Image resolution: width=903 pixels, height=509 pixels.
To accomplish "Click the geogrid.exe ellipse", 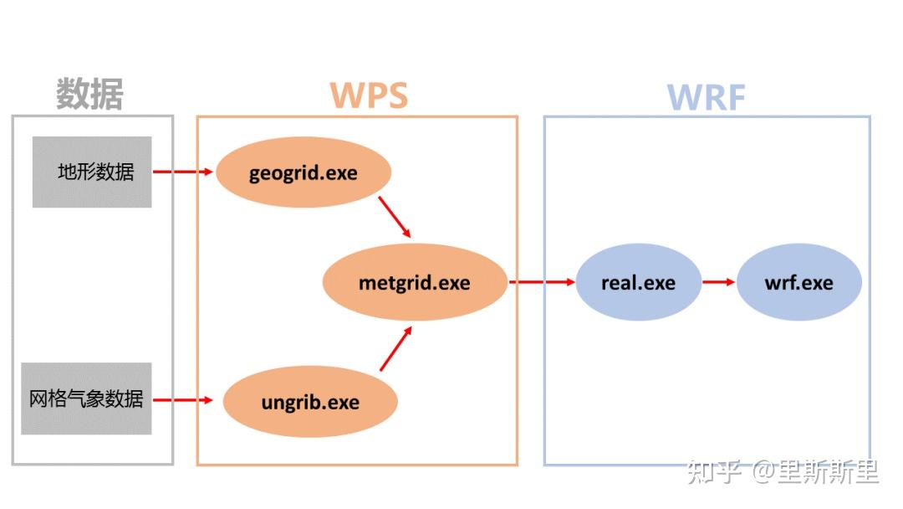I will point(304,173).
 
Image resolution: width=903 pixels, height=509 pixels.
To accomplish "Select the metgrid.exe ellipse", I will point(415,282).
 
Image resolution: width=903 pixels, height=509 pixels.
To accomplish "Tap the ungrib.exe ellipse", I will point(309,402).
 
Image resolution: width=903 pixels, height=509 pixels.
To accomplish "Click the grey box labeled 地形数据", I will point(92,172).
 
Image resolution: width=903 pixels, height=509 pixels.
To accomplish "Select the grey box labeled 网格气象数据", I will point(86,398).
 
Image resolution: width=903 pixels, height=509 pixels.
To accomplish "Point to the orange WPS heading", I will point(369,96).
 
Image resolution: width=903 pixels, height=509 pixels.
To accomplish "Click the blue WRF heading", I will point(707,98).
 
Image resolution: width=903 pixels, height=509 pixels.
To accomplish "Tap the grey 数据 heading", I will point(89,94).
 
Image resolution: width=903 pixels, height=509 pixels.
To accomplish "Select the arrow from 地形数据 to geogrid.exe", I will point(183,172).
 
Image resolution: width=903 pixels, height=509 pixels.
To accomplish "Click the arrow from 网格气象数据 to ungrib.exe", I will point(183,400).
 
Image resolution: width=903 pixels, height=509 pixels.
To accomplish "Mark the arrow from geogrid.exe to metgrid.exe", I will point(395,217).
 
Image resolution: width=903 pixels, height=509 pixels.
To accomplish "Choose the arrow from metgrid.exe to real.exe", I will point(542,282).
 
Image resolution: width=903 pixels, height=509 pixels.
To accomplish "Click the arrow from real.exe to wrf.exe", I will point(718,282).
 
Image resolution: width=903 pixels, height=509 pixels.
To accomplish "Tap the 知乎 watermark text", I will point(715,472).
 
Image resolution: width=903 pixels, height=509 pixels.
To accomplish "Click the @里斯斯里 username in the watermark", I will point(815,472).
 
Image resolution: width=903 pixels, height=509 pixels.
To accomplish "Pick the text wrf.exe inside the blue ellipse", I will point(798,282).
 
